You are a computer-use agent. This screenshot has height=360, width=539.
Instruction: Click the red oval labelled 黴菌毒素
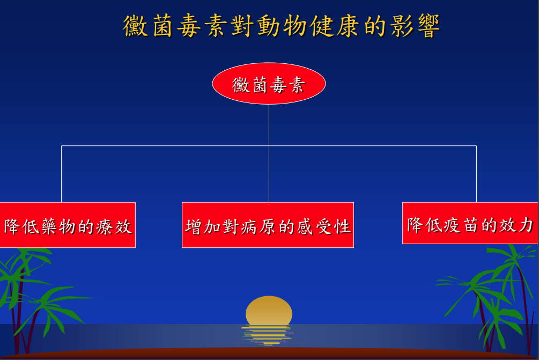click(269, 84)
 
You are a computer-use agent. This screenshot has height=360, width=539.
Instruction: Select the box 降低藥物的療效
click(68, 225)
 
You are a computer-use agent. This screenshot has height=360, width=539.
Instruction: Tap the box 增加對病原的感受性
click(268, 225)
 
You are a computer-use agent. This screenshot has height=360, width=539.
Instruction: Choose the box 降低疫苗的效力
click(470, 223)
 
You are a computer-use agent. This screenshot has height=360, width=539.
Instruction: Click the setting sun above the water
click(269, 311)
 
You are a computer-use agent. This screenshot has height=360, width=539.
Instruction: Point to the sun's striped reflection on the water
click(268, 335)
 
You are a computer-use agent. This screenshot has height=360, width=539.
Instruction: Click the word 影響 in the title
click(415, 26)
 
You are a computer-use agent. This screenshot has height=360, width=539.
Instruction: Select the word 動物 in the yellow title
click(282, 26)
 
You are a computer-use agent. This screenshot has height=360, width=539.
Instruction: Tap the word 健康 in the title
click(335, 26)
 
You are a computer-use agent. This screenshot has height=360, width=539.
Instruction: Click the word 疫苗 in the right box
click(462, 225)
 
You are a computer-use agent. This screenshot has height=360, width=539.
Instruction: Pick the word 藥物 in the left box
click(59, 227)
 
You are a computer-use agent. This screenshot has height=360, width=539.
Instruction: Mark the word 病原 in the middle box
click(258, 227)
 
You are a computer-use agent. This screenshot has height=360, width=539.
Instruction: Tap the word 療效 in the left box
click(114, 227)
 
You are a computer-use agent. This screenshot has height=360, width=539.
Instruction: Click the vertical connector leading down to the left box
click(62, 174)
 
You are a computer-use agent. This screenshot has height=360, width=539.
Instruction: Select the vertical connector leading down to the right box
click(476, 174)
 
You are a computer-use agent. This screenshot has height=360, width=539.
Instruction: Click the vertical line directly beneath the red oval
click(269, 153)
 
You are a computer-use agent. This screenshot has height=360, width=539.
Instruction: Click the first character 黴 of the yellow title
click(136, 26)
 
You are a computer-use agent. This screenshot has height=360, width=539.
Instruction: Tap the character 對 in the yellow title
click(243, 26)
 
